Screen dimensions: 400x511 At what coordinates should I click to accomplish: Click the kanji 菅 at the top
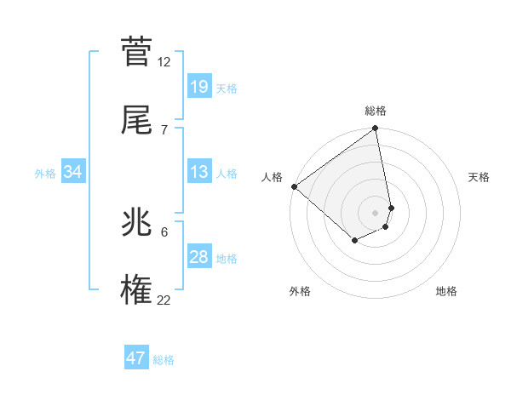pyautogui.click(x=136, y=53)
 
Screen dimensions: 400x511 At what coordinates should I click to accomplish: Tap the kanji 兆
pyautogui.click(x=136, y=224)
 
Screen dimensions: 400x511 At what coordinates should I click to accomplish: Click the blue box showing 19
pyautogui.click(x=198, y=86)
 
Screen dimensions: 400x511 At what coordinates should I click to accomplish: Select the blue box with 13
pyautogui.click(x=198, y=172)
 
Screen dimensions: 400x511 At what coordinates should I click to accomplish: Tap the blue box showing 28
pyautogui.click(x=198, y=257)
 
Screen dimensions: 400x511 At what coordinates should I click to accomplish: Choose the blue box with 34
pyautogui.click(x=73, y=172)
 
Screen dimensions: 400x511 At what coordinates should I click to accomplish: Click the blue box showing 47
pyautogui.click(x=136, y=358)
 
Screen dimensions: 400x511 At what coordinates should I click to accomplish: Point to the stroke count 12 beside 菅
pyautogui.click(x=164, y=62)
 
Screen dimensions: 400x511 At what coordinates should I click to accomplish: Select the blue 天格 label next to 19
pyautogui.click(x=227, y=88)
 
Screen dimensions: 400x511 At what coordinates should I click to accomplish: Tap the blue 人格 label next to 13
pyautogui.click(x=227, y=173)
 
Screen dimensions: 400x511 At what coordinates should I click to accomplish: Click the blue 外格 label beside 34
pyautogui.click(x=45, y=173)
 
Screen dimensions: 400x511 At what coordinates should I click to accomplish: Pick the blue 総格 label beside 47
pyautogui.click(x=164, y=359)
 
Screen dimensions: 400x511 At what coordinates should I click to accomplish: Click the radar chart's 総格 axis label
pyautogui.click(x=376, y=111)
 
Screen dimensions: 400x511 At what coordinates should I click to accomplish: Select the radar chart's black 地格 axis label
pyautogui.click(x=446, y=291)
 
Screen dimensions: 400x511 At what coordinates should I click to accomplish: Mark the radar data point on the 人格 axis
pyautogui.click(x=294, y=186)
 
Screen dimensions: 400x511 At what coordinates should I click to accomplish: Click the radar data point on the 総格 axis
pyautogui.click(x=376, y=129)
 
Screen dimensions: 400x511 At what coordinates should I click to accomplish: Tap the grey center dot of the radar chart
pyautogui.click(x=376, y=212)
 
